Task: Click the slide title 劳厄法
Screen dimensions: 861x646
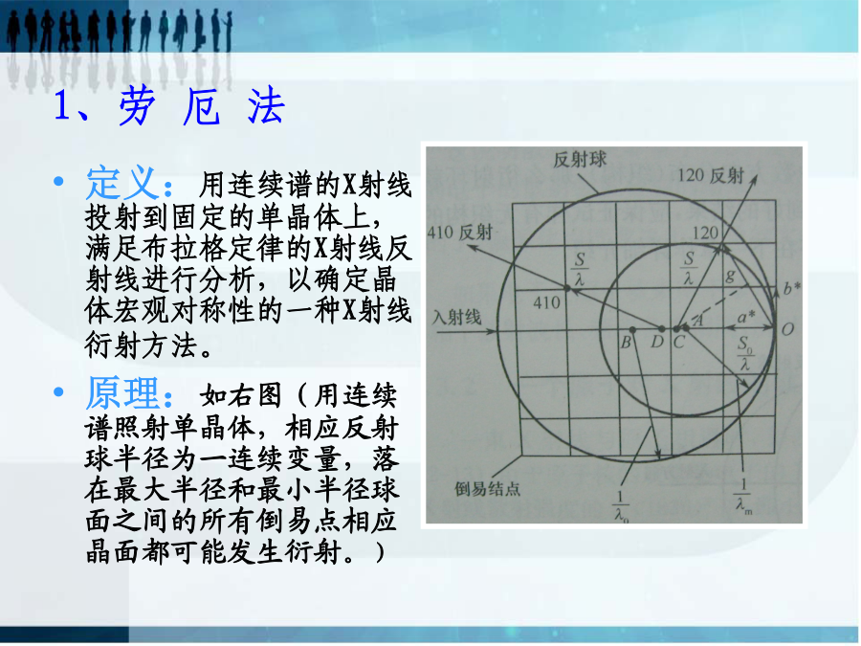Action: pos(203,105)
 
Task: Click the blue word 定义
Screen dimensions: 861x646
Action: pos(121,183)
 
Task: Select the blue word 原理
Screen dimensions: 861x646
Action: pos(121,392)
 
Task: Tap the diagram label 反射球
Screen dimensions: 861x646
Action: pos(580,159)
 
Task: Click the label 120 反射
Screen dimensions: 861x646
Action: pos(711,175)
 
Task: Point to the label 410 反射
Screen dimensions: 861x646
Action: pos(460,232)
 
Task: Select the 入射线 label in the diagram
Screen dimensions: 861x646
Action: pos(457,317)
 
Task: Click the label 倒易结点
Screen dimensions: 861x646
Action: pos(487,488)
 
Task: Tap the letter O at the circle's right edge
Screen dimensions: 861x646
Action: pos(787,329)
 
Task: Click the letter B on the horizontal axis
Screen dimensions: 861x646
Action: pos(626,343)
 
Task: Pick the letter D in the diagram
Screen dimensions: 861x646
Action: pos(656,343)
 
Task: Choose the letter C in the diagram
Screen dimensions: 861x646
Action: pos(678,343)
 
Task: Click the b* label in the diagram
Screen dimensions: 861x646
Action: pos(791,287)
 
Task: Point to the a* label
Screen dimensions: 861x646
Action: pos(745,317)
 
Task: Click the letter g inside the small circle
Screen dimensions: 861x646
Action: pos(730,276)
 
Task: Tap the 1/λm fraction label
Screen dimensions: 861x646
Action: pos(743,496)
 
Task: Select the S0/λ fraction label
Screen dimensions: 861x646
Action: pos(744,353)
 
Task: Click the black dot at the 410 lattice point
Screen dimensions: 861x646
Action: pos(567,287)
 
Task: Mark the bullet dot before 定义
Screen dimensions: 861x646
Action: pos(58,181)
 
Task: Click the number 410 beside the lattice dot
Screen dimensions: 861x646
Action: pos(546,302)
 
